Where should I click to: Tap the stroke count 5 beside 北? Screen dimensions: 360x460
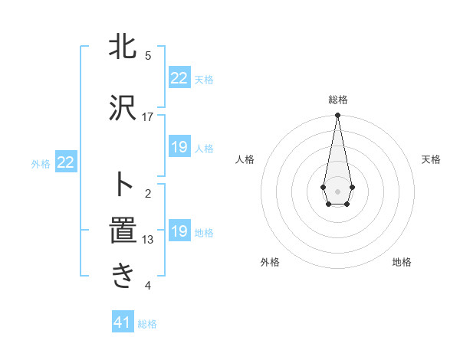pyautogui.click(x=148, y=55)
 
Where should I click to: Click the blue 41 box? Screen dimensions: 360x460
pyautogui.click(x=123, y=322)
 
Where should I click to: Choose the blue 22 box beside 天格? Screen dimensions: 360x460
pyautogui.click(x=179, y=78)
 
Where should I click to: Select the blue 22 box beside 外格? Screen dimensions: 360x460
pyautogui.click(x=66, y=162)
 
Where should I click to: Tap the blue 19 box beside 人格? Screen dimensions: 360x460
pyautogui.click(x=179, y=147)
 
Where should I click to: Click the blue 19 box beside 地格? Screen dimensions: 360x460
pyautogui.click(x=179, y=231)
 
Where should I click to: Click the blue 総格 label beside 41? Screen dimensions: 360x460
pyautogui.click(x=147, y=324)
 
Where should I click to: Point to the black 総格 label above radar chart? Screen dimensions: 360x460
pyautogui.click(x=338, y=100)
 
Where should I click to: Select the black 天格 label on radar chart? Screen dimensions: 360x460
pyautogui.click(x=432, y=159)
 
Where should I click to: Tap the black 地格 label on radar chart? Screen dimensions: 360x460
pyautogui.click(x=402, y=262)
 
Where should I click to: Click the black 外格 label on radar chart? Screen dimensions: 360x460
pyautogui.click(x=270, y=262)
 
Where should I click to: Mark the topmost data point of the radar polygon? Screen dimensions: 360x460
pyautogui.click(x=337, y=116)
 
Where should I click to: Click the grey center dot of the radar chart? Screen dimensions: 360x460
pyautogui.click(x=337, y=191)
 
